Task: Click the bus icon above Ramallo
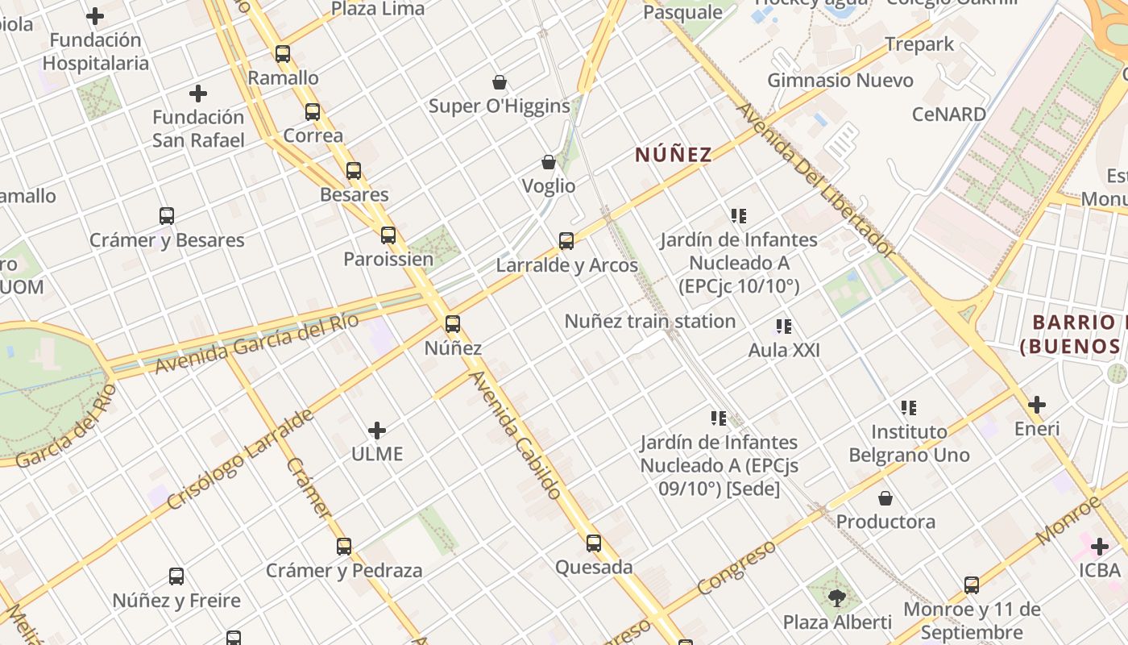click(x=283, y=54)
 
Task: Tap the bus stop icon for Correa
click(x=313, y=112)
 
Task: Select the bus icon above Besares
click(x=354, y=171)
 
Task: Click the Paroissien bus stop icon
click(x=388, y=235)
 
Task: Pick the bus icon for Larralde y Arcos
click(x=566, y=241)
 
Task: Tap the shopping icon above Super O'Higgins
click(x=500, y=82)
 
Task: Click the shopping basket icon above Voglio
click(x=549, y=162)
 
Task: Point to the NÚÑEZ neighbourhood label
click(x=674, y=155)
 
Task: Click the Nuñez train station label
click(x=650, y=321)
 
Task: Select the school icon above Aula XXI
click(x=784, y=327)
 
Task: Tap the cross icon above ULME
click(x=376, y=431)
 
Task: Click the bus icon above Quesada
click(x=594, y=543)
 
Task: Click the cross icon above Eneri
click(x=1037, y=405)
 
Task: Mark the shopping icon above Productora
click(x=885, y=498)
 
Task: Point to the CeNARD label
click(x=949, y=114)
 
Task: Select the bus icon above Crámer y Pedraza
click(x=344, y=547)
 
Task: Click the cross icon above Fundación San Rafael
click(x=198, y=94)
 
